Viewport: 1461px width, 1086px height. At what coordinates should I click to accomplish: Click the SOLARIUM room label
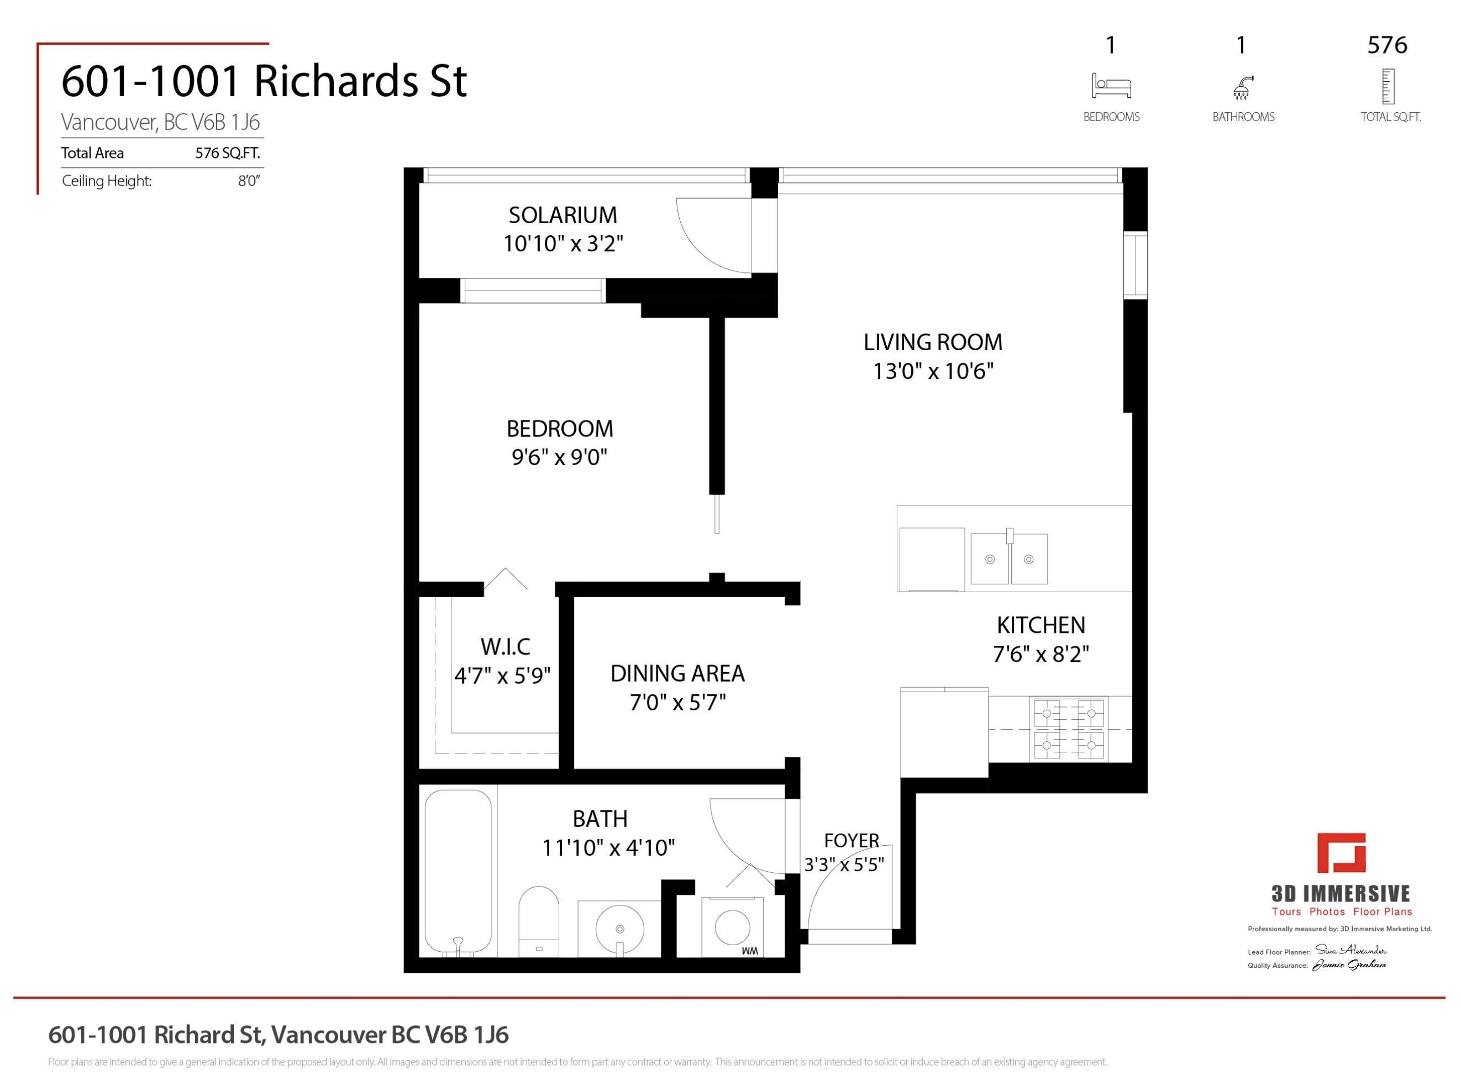click(563, 215)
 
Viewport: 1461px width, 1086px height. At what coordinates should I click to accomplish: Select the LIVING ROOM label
click(932, 342)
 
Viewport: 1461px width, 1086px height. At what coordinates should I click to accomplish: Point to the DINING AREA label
click(677, 674)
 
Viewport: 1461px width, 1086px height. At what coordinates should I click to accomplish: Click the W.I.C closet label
click(505, 647)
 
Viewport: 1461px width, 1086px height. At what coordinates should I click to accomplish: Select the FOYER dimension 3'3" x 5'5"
click(844, 865)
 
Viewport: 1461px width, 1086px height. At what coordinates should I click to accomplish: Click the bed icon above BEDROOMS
click(1111, 86)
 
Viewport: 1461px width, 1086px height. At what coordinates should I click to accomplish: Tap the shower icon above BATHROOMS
click(1242, 87)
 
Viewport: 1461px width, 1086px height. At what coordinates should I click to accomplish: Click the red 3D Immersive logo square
click(1341, 853)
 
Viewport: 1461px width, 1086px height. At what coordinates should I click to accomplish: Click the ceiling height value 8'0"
click(249, 181)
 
